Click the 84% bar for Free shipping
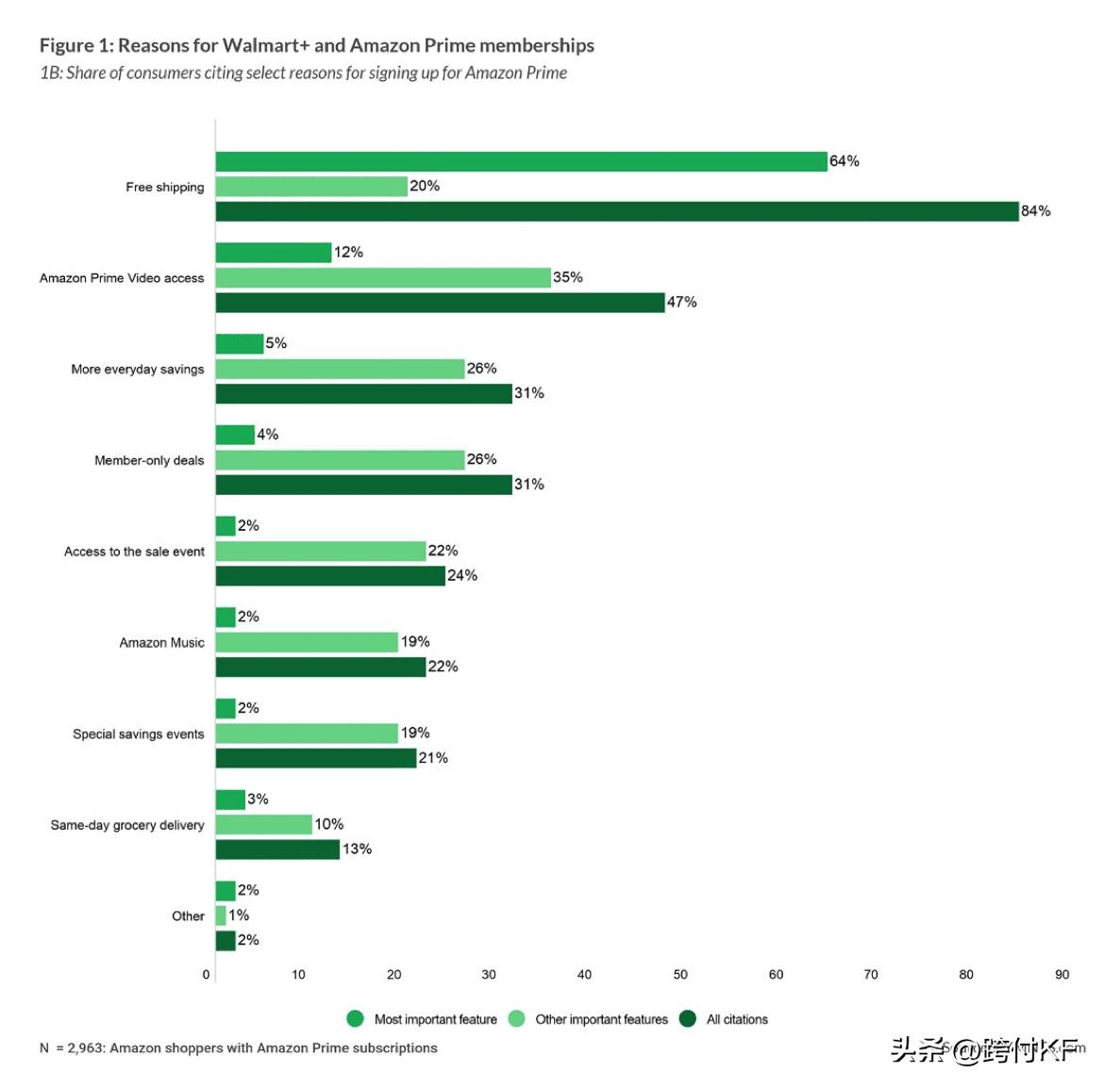pos(617,211)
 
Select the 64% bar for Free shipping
pos(521,161)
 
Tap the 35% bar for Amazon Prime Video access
pos(383,277)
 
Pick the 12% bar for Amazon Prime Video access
pos(274,253)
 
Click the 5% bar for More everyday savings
pos(240,344)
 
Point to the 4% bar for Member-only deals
pos(235,435)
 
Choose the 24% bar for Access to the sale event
pos(330,576)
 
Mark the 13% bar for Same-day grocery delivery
pos(277,850)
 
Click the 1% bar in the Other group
pos(221,916)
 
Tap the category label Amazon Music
pos(161,643)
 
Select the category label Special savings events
pos(138,734)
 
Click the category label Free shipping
pos(164,188)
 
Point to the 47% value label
pos(681,303)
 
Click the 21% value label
pos(433,758)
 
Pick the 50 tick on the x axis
pos(680,975)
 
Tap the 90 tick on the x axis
pos(1062,975)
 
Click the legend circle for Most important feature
pos(356,1019)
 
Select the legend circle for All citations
pos(688,1019)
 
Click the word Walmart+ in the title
pos(266,45)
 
